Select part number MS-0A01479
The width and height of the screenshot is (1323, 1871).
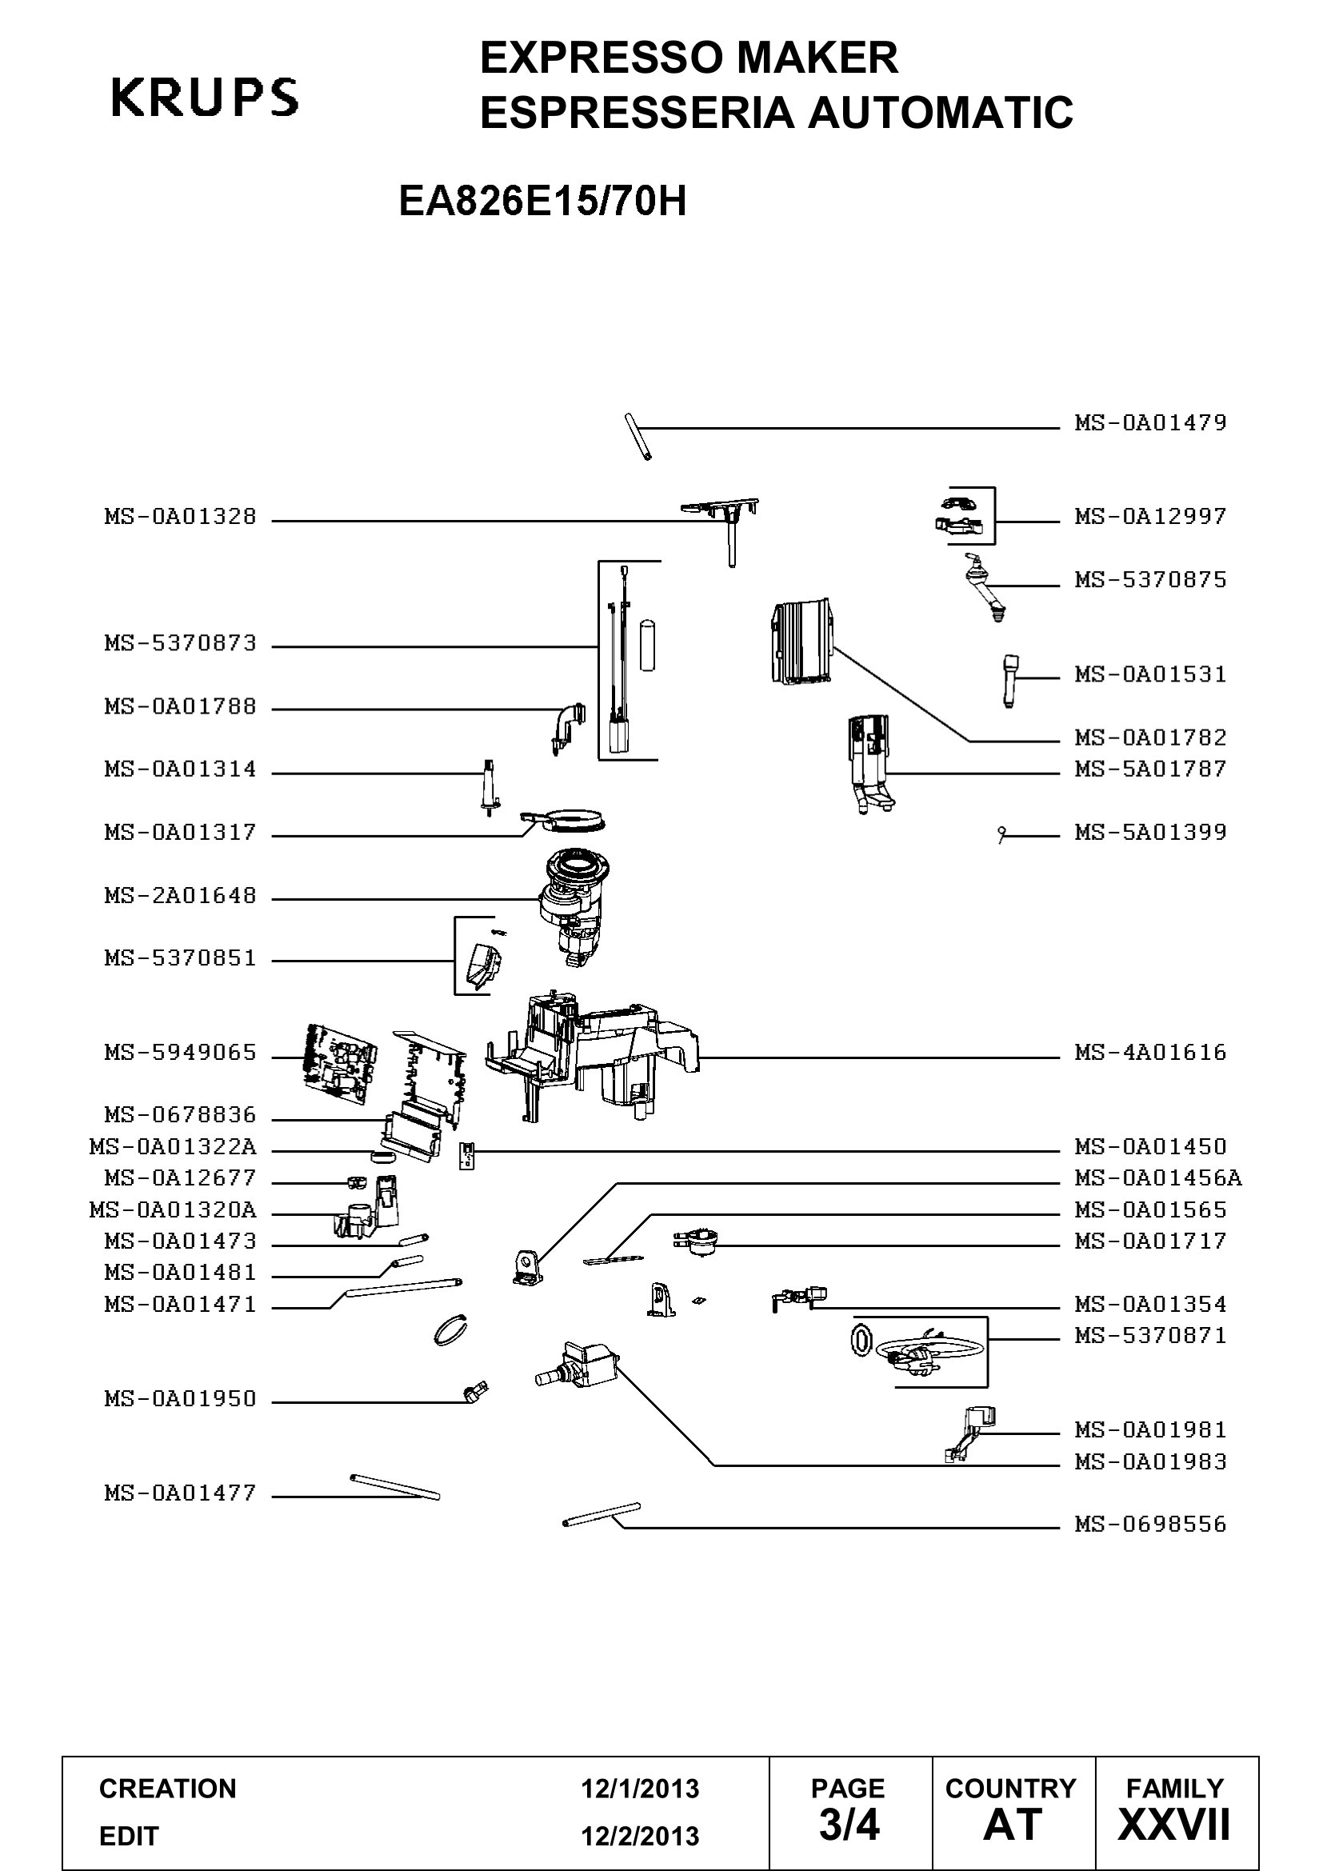tap(1150, 423)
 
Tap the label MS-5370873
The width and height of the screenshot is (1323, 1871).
tap(180, 643)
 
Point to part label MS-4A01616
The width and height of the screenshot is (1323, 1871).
tap(1150, 1052)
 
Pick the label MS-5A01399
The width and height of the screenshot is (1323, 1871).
tap(1150, 832)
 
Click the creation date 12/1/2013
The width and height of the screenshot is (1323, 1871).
tap(640, 1789)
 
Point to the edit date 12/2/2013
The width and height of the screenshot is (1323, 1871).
tap(640, 1837)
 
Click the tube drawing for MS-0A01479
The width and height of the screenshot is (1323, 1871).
tap(638, 438)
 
